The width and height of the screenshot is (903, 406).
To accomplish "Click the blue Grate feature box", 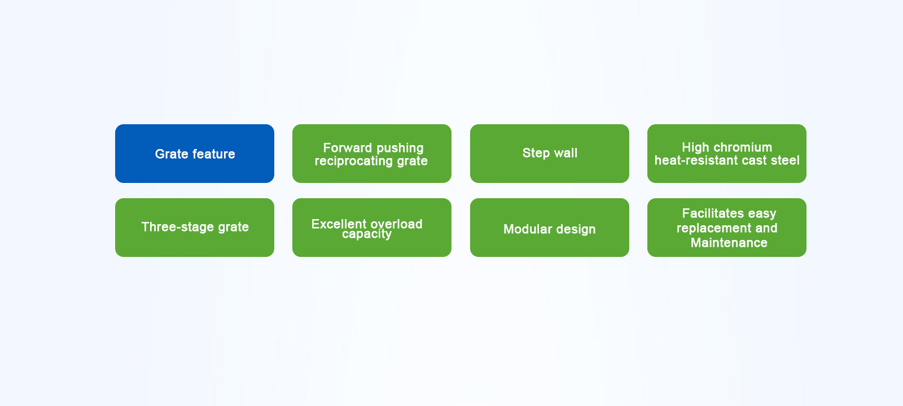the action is pos(195,154).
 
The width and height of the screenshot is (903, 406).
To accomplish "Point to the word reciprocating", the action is pos(354,161).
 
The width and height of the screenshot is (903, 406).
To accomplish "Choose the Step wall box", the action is pos(550,154).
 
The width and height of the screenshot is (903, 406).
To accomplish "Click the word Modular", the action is pos(527,229).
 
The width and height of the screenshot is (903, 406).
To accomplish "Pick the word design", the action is pos(575,229).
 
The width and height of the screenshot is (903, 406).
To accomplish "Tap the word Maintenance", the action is pos(729,243).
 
